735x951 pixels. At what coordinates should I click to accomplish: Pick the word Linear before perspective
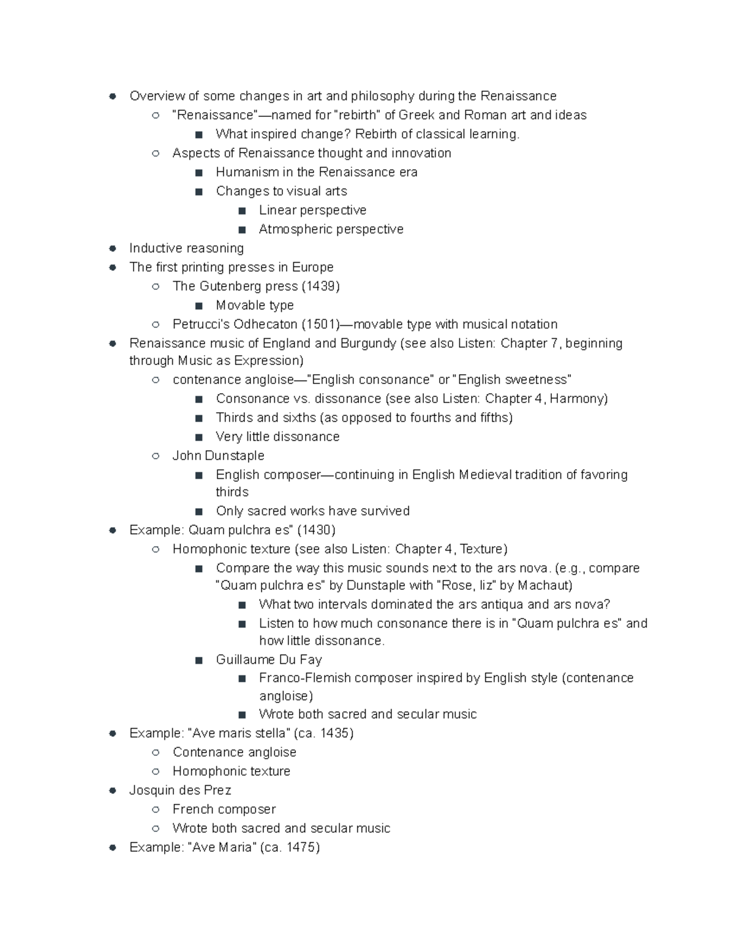277,210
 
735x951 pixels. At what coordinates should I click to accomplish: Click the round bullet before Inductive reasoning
113,248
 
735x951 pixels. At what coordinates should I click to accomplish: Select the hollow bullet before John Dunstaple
156,456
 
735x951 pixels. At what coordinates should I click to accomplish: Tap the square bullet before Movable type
199,306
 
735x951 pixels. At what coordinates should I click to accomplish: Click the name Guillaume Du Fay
269,660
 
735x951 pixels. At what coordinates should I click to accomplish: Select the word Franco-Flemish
304,678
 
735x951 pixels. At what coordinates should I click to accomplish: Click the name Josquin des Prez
180,790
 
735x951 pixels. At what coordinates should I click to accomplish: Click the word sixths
299,418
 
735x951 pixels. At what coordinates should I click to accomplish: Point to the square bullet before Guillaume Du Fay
199,660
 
